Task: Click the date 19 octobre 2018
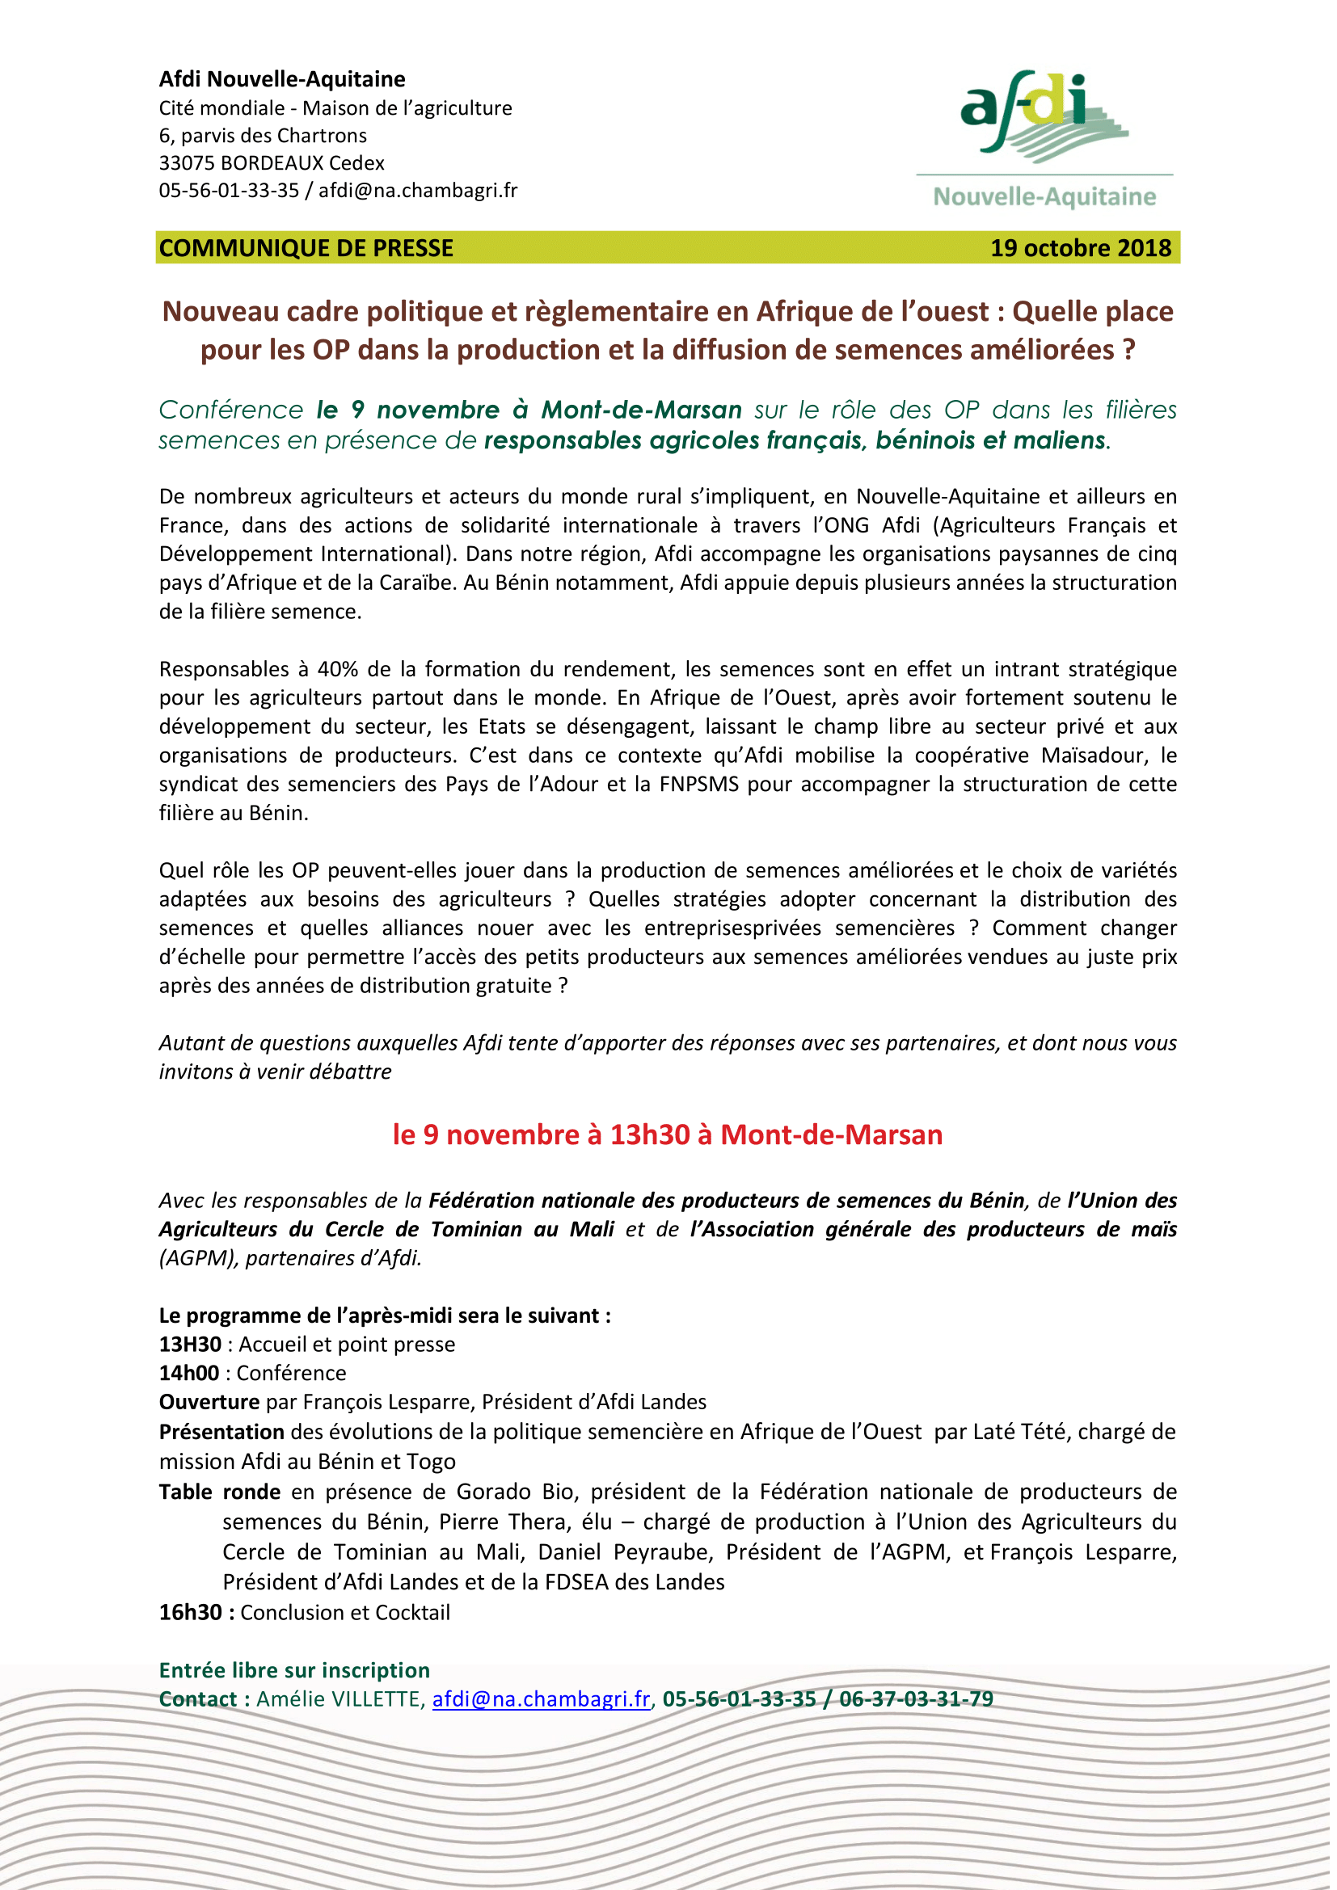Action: (1079, 248)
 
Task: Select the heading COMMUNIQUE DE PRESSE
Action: (306, 248)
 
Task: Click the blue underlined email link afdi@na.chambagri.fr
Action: (541, 1699)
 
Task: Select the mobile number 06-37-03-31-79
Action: (917, 1699)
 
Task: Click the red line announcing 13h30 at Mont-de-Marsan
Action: (668, 1134)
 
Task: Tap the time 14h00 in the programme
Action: (189, 1373)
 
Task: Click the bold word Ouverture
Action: (209, 1402)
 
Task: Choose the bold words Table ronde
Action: (220, 1492)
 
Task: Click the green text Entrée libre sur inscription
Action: (294, 1670)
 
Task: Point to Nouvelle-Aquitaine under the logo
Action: (1044, 196)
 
